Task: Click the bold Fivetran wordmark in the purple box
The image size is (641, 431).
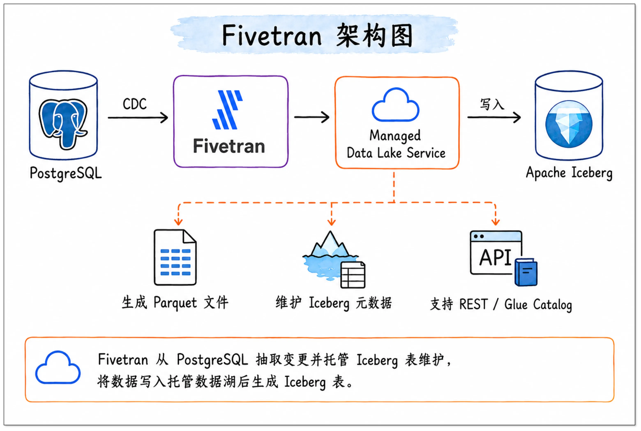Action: pyautogui.click(x=229, y=146)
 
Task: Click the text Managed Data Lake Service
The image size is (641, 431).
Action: pyautogui.click(x=396, y=144)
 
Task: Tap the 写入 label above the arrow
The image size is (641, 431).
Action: pyautogui.click(x=492, y=104)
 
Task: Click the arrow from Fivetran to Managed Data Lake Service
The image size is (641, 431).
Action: pyautogui.click(x=312, y=117)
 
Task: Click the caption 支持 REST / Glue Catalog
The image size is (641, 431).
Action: pyautogui.click(x=501, y=305)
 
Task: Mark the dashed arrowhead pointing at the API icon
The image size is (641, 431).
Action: pyautogui.click(x=496, y=222)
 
